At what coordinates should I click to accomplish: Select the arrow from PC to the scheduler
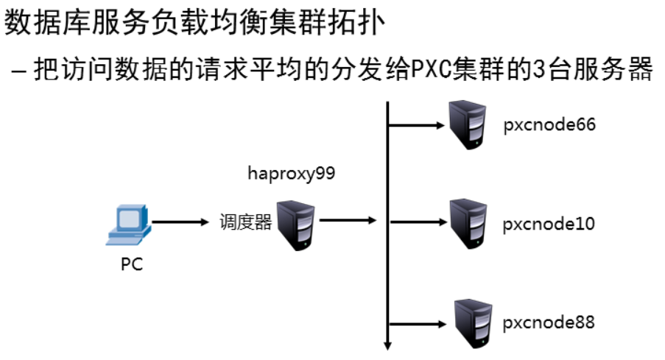180,221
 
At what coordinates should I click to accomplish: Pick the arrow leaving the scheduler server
348,219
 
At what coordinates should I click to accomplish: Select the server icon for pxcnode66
469,124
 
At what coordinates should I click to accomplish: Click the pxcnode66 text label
549,125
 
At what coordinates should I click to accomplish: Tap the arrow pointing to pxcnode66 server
416,124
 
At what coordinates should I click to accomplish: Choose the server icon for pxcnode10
469,223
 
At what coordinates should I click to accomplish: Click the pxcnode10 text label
549,224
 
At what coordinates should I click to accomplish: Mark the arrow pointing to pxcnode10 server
416,221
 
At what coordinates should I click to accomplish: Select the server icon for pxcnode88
469,321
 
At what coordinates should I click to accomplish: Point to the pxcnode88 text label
549,322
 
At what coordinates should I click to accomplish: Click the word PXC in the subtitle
436,71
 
